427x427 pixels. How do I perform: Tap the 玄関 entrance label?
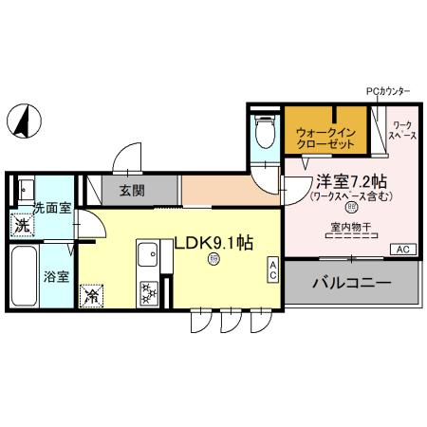(132, 190)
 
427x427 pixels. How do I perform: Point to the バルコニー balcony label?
(352, 283)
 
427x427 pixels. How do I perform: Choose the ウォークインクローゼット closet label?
(325, 138)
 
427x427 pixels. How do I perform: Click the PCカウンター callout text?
(388, 91)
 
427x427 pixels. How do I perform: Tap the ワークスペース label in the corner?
(401, 131)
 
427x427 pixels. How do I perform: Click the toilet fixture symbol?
(264, 134)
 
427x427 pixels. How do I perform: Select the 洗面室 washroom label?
(52, 206)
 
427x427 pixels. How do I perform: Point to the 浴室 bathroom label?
(55, 277)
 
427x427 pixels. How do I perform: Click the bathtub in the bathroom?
(24, 276)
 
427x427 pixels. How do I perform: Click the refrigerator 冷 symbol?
(93, 296)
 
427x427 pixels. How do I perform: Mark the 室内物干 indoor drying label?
(349, 228)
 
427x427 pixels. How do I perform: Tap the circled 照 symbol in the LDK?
(214, 259)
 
